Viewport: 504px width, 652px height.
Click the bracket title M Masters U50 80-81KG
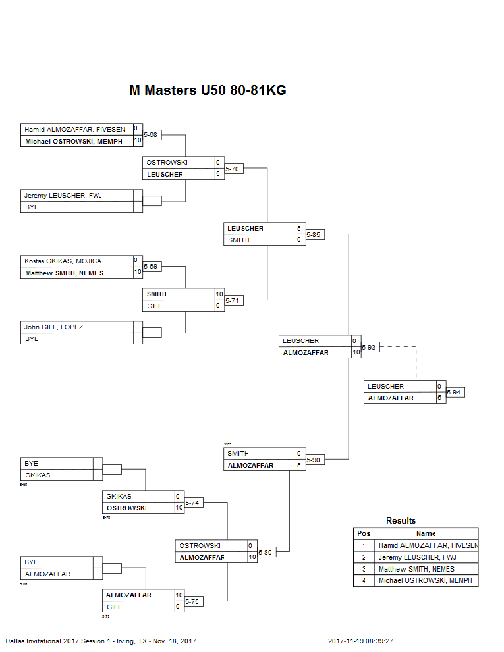208,91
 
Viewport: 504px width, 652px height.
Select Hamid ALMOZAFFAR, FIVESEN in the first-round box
74,130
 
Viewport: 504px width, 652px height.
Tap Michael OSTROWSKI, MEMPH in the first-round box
74,142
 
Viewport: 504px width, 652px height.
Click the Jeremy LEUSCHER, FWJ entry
63,196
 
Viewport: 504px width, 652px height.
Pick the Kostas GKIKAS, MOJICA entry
63,261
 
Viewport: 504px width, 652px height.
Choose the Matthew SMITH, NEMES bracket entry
64,273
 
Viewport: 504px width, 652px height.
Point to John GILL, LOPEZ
54,327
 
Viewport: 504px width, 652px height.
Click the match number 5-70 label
233,169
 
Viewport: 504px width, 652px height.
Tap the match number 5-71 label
233,301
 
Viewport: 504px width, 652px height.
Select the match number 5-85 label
315,235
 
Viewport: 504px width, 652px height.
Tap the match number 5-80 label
266,553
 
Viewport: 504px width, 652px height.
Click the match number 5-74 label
193,503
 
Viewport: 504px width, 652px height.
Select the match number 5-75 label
193,602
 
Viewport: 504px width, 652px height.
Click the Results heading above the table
401,521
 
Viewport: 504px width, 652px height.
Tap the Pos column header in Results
364,533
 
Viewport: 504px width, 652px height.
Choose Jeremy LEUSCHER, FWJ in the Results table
416,557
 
